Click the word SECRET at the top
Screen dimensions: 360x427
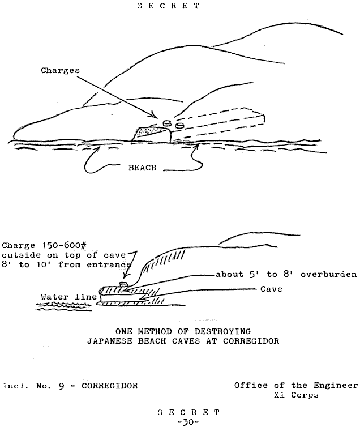click(x=169, y=6)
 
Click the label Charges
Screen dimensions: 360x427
click(x=60, y=71)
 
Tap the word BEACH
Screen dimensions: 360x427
click(x=142, y=168)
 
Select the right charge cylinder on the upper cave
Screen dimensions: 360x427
click(x=179, y=126)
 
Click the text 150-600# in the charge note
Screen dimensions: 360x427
click(x=64, y=245)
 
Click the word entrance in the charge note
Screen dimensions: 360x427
click(x=109, y=264)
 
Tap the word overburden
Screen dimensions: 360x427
click(x=328, y=274)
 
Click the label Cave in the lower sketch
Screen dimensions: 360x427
click(x=271, y=289)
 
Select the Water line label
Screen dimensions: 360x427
click(x=68, y=297)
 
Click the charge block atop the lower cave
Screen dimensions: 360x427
click(x=124, y=285)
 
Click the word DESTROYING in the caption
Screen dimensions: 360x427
click(x=222, y=331)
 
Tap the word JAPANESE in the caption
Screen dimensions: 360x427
click(x=109, y=341)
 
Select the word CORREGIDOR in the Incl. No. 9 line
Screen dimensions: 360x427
click(x=110, y=386)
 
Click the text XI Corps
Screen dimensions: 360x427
click(x=296, y=395)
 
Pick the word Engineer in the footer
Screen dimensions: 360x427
click(x=336, y=386)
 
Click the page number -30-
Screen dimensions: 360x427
click(x=188, y=422)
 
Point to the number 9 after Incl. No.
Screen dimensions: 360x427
click(x=61, y=386)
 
